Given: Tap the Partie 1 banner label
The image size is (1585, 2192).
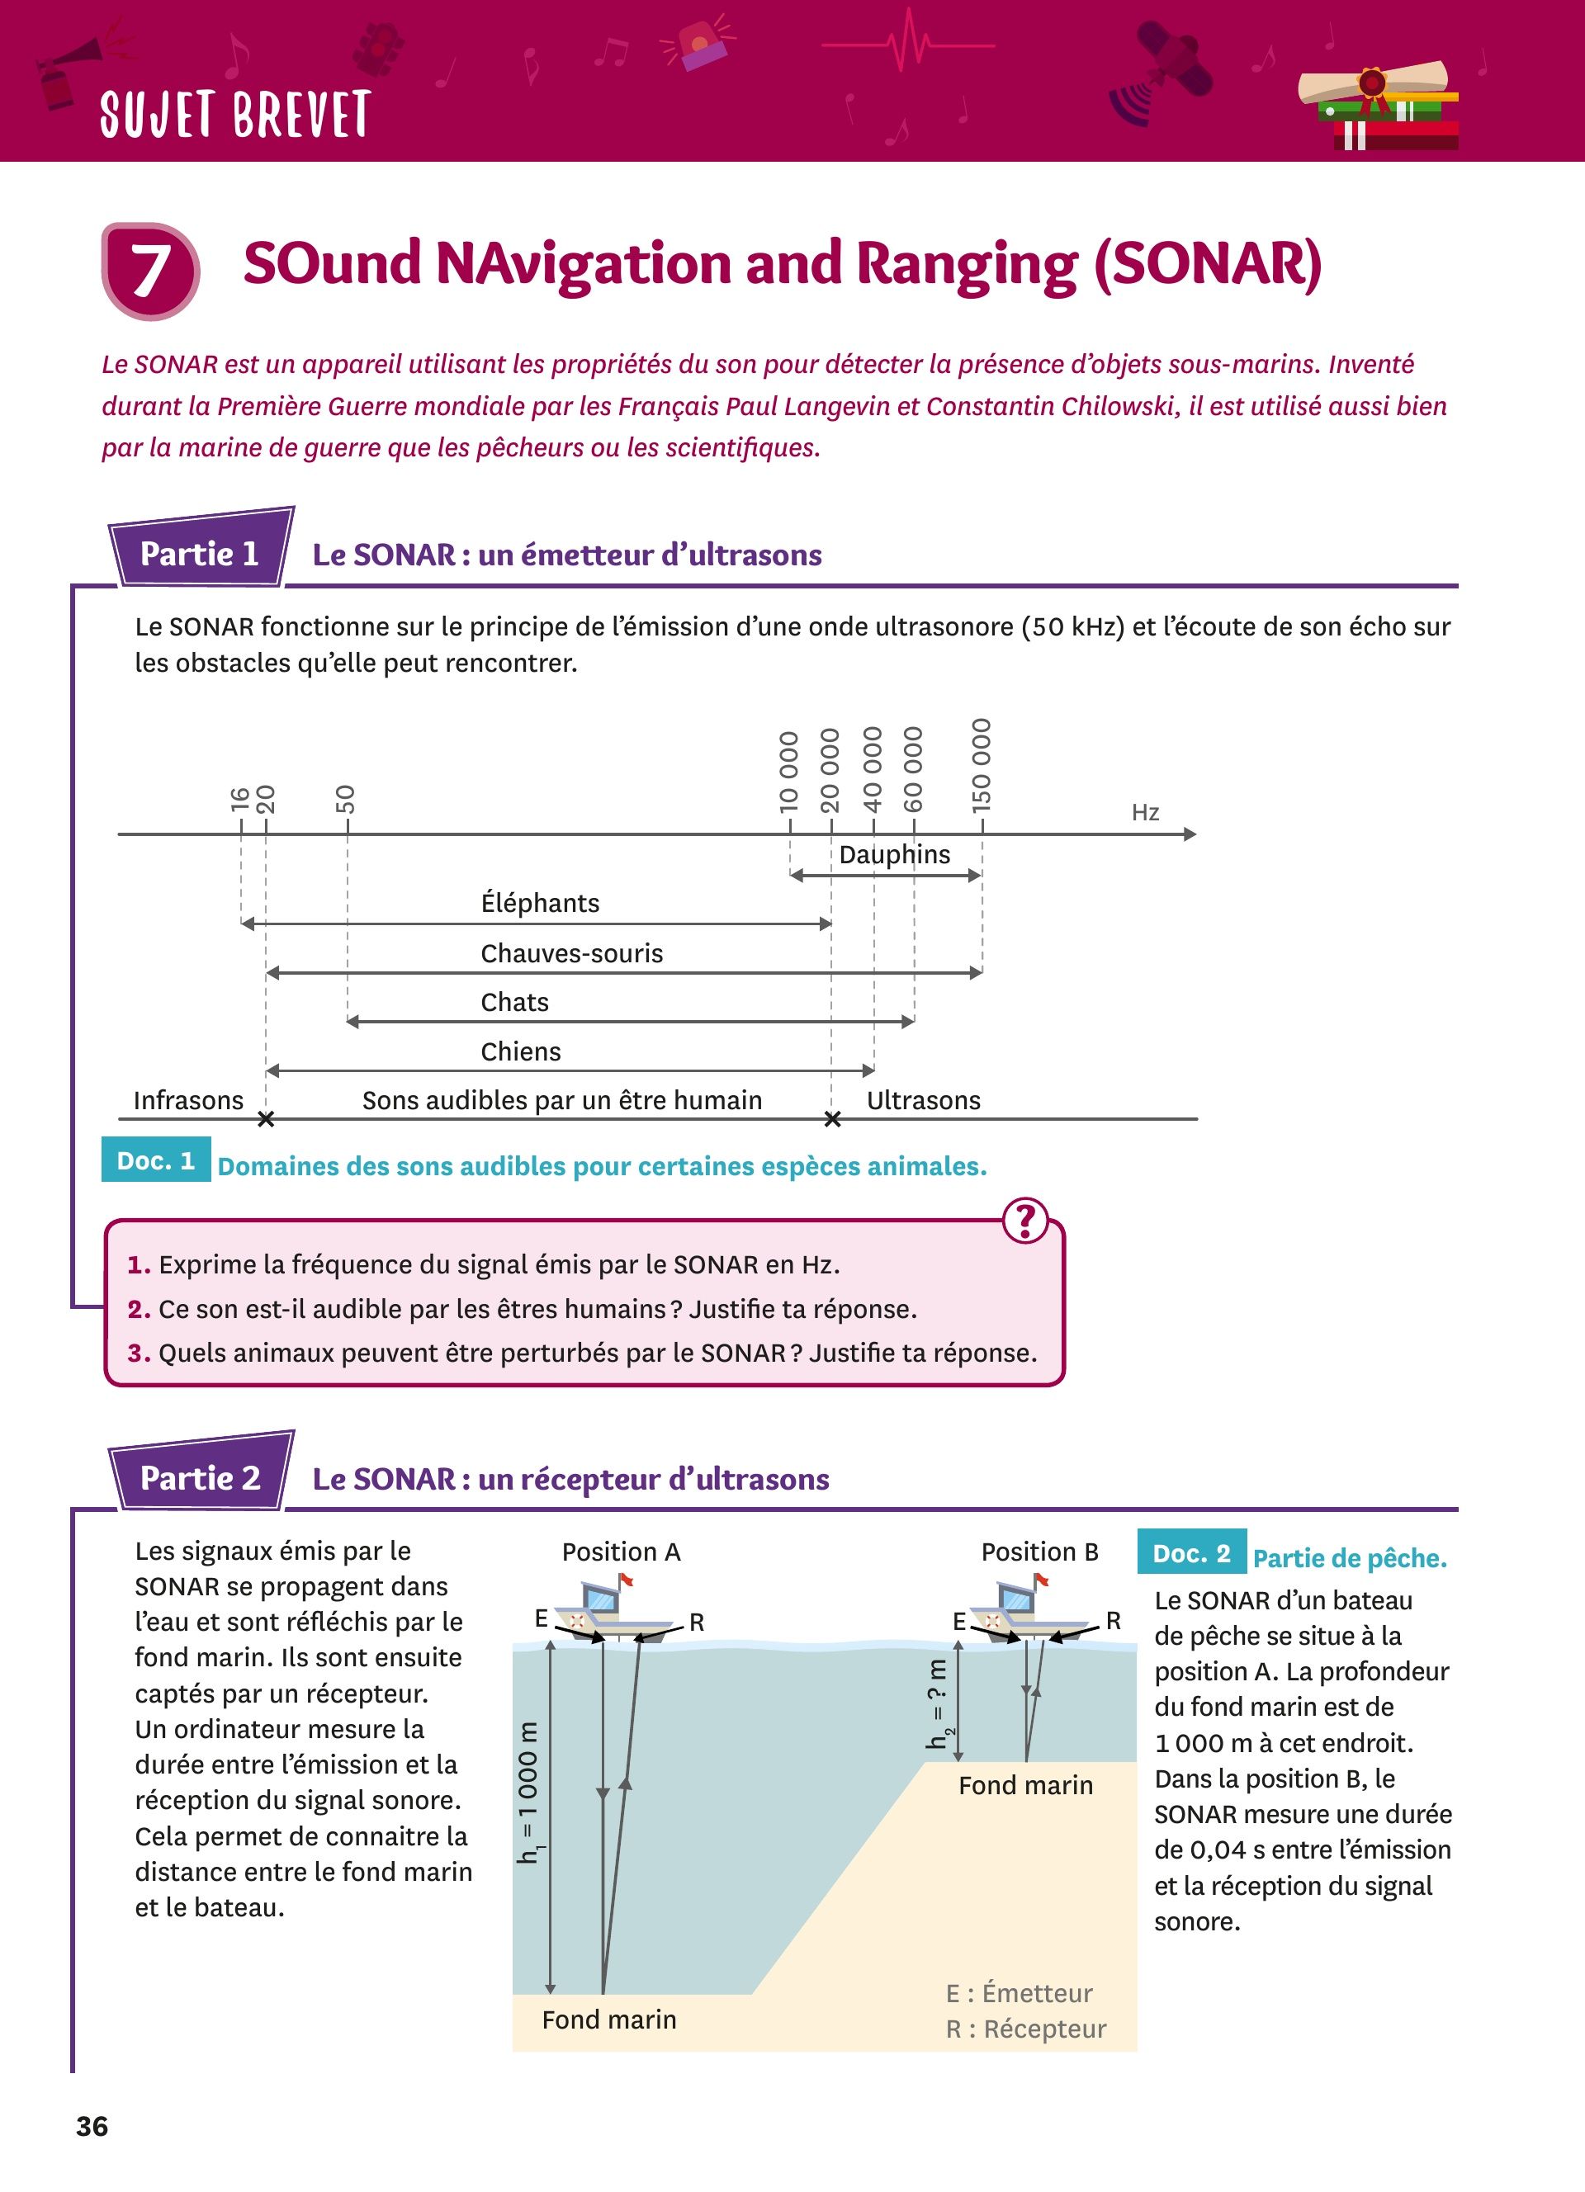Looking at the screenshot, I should point(200,553).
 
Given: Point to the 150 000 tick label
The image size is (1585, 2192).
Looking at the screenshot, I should point(981,764).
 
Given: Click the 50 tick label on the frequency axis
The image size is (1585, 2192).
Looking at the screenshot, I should point(345,798).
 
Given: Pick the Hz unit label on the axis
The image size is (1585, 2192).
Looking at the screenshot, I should point(1145,812).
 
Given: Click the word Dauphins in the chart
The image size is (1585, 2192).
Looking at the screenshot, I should point(894,854).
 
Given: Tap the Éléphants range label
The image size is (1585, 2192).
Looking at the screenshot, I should point(540,903).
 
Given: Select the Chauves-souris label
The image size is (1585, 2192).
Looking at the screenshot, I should point(571,953).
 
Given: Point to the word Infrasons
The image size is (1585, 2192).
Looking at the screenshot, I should point(188,1100).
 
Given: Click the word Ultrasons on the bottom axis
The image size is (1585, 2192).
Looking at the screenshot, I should point(923,1100).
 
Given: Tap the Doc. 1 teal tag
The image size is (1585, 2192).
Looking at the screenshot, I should point(155,1160).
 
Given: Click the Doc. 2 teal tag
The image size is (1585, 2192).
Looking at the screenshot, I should point(1192,1553).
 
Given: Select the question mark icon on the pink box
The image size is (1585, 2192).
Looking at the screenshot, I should point(1025,1221).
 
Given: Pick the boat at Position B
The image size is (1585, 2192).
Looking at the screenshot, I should point(1023,1609).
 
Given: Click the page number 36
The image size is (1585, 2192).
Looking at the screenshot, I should point(92,2126).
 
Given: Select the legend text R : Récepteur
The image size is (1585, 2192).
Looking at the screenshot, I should point(1025,2029).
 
